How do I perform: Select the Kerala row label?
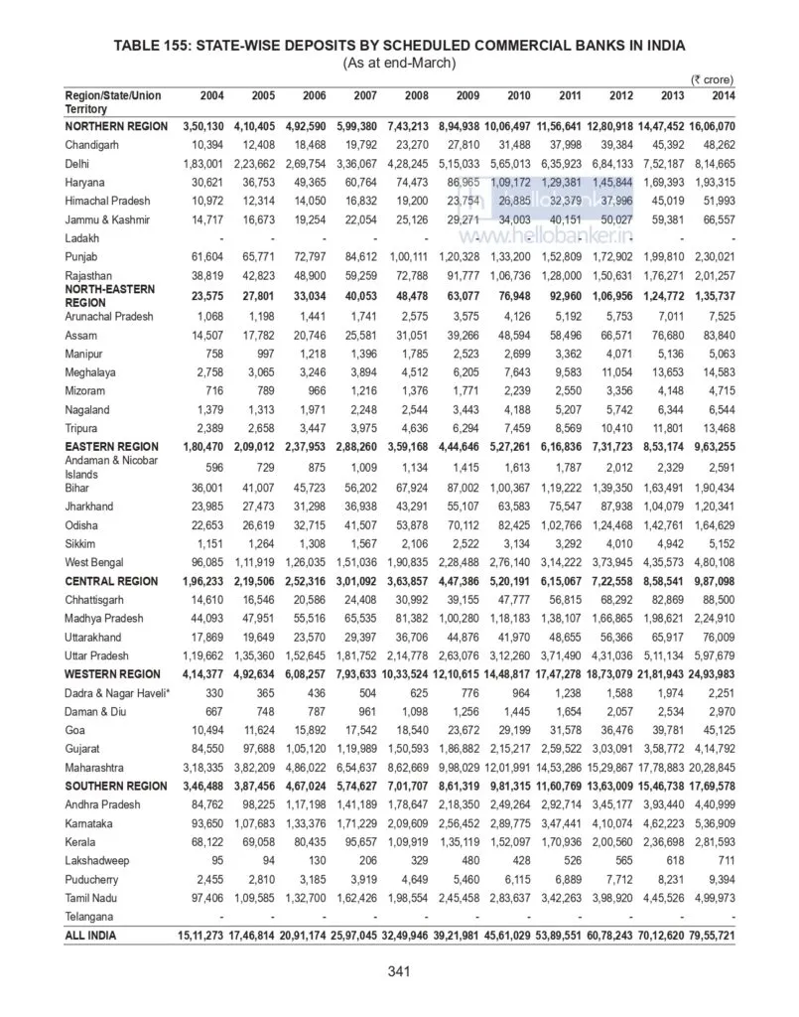pos(81,841)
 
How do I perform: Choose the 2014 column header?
pos(724,95)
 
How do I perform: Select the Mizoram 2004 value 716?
pos(210,390)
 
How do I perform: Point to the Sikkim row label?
pos(79,543)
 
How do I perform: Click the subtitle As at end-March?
pos(399,63)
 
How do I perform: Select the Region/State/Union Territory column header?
pos(112,101)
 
